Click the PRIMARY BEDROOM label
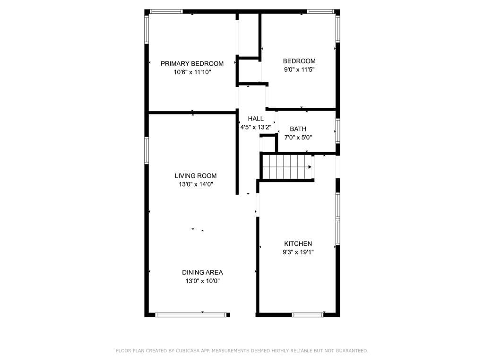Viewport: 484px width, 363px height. click(192, 63)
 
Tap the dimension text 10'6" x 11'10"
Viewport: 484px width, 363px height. click(192, 72)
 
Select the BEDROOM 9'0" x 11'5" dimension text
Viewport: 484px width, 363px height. click(299, 69)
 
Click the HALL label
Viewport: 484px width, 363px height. click(256, 119)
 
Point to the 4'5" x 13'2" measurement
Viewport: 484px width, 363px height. click(256, 127)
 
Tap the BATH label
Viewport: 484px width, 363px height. click(298, 129)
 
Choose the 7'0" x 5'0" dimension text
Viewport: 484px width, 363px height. click(298, 138)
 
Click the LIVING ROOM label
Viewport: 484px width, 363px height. click(196, 176)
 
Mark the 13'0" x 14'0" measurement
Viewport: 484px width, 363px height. click(196, 184)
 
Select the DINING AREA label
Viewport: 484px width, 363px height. click(202, 272)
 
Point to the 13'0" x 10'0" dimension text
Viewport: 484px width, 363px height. click(202, 281)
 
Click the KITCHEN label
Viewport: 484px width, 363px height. click(298, 243)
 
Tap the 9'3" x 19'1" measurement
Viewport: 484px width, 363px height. click(298, 252)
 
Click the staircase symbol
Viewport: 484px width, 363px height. click(286, 167)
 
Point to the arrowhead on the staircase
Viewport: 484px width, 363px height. click(310, 167)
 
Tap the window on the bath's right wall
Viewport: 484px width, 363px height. click(337, 131)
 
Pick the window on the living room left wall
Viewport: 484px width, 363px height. click(147, 150)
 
